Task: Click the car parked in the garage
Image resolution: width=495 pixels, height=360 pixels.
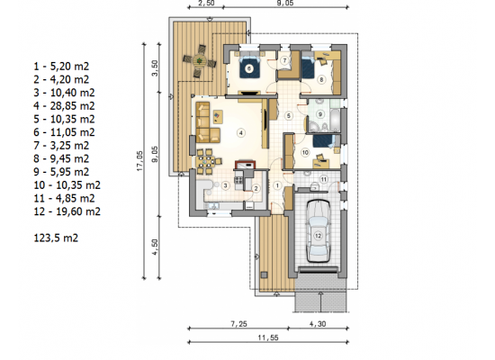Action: pos(319,231)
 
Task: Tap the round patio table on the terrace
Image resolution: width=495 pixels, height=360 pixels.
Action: pos(199,60)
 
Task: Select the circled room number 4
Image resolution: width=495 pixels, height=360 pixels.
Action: pos(241,133)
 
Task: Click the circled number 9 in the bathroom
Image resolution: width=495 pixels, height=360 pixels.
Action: pos(320,114)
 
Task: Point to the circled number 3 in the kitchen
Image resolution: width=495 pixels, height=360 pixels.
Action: pos(225,185)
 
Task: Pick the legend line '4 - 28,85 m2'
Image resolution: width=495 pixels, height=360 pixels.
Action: pos(65,106)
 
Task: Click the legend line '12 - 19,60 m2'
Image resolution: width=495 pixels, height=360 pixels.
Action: pos(67,211)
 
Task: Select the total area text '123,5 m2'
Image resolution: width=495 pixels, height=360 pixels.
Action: pos(56,238)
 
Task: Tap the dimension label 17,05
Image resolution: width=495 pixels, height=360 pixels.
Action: pos(139,161)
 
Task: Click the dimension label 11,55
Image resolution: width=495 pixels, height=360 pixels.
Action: pos(268,337)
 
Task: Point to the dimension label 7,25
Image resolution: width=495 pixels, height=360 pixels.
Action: pos(239,324)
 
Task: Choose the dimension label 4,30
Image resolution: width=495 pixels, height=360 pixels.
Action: pos(318,324)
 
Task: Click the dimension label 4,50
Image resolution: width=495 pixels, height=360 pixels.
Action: pos(155,247)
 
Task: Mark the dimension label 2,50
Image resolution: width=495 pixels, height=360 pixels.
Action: pos(206,4)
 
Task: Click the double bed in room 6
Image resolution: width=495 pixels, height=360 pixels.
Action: pos(249,66)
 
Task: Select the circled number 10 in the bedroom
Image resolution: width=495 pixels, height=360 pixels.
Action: pos(305,153)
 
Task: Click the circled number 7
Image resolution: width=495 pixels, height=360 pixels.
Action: pos(284,60)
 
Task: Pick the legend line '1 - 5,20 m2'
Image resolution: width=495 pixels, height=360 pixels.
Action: pos(61,67)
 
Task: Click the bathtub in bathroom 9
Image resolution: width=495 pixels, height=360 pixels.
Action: pos(334,121)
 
